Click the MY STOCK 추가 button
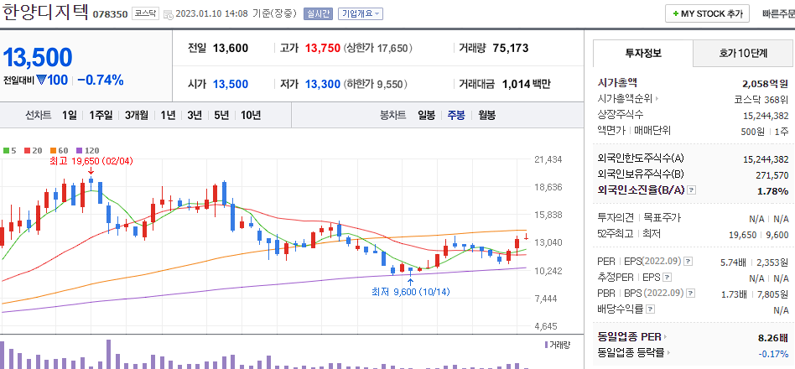(708, 14)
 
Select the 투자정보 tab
(643, 53)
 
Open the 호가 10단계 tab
(743, 53)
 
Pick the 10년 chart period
(251, 115)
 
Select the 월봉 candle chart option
(486, 115)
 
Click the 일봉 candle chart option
(426, 115)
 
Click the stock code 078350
(110, 14)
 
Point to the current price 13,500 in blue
(38, 57)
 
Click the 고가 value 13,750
(322, 48)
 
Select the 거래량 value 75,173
(510, 48)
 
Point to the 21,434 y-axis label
(547, 159)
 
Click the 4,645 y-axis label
(547, 325)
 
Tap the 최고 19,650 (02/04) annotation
(91, 160)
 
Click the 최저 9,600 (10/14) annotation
(410, 292)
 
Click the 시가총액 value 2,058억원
(765, 83)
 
